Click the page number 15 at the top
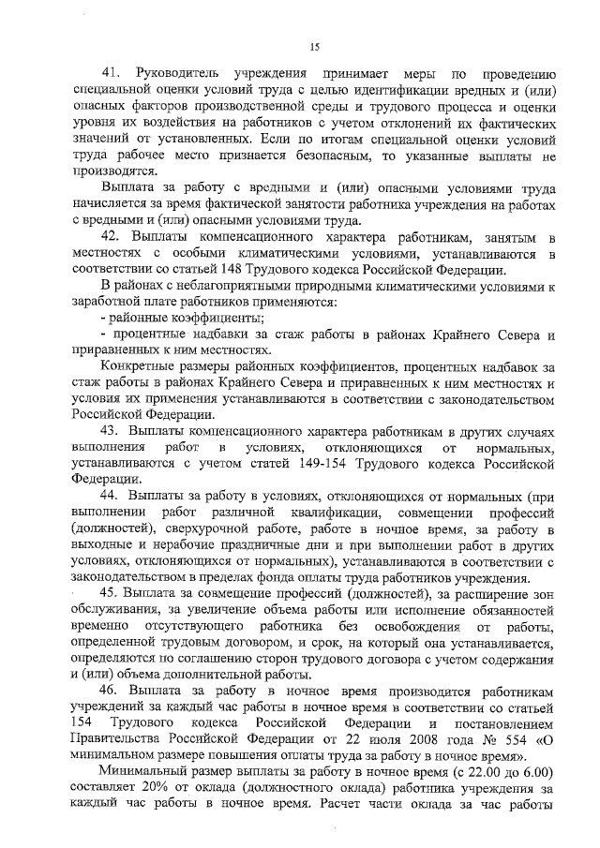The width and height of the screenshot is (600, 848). pos(315,47)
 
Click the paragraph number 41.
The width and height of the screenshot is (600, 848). pos(112,74)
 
